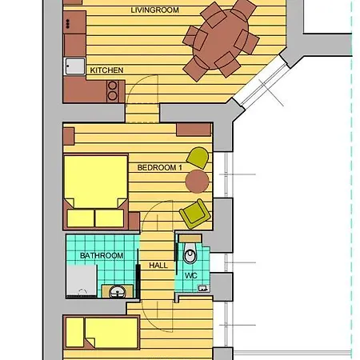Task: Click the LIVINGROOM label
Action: (154, 10)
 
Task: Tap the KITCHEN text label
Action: (106, 70)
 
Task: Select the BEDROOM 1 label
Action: (160, 167)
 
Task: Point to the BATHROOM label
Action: (102, 255)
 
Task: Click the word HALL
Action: (158, 266)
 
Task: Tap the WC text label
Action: (191, 275)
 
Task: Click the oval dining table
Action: (221, 39)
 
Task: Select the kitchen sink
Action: (74, 66)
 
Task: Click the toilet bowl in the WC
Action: (190, 254)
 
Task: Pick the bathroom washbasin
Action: (117, 291)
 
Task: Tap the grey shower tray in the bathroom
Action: (82, 281)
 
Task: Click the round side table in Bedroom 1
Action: (197, 182)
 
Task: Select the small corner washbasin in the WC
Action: (203, 288)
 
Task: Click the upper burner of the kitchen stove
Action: (113, 86)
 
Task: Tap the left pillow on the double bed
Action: (81, 218)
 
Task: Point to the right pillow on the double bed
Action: (110, 218)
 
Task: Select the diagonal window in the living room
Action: (262, 82)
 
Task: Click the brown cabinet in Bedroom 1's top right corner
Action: (194, 130)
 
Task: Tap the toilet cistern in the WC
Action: (190, 238)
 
